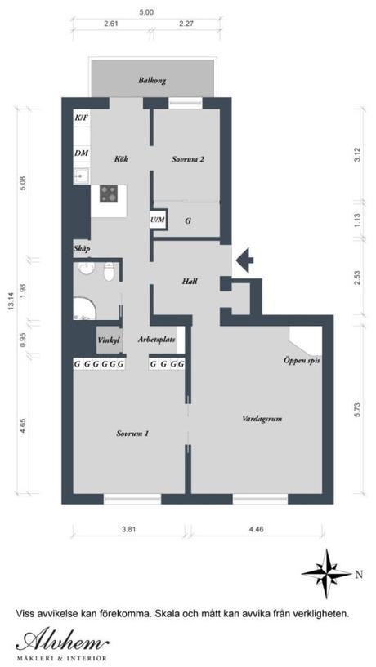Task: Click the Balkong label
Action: click(x=151, y=80)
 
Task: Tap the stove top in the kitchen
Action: click(x=109, y=193)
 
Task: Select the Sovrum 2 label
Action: click(x=188, y=159)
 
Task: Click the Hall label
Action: click(x=190, y=281)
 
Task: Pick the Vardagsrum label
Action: click(x=262, y=419)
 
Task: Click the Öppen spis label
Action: click(x=302, y=361)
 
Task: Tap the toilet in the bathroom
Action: click(x=109, y=272)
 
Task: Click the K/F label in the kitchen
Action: click(x=82, y=117)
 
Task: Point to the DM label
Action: click(x=82, y=153)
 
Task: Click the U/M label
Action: click(x=157, y=220)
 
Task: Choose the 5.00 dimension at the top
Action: click(x=146, y=12)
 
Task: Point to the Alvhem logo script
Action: click(x=62, y=640)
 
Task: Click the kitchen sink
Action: click(x=82, y=176)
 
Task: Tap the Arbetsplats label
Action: click(x=157, y=340)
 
